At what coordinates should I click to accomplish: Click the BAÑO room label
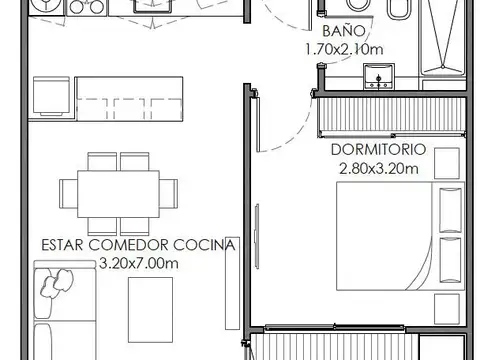(344, 31)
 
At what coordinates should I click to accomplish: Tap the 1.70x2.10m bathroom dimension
(344, 49)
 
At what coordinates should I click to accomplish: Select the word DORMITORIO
(379, 150)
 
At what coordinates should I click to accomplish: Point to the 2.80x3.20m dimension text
(379, 168)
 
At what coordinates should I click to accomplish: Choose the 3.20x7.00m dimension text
(139, 263)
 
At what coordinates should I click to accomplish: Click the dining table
(118, 194)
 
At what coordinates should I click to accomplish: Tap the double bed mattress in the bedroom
(400, 236)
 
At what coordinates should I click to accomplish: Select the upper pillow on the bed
(450, 210)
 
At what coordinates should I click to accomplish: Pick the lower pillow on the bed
(450, 260)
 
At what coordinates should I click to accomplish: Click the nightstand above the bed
(447, 163)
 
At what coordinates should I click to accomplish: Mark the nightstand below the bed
(447, 309)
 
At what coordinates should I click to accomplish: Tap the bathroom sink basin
(379, 76)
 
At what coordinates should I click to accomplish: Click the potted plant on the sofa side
(57, 284)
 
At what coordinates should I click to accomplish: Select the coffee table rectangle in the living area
(150, 310)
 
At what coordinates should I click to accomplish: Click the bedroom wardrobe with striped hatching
(392, 117)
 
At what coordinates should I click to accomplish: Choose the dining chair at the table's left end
(68, 194)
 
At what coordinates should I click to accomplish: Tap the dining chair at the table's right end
(168, 194)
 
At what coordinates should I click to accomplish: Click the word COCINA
(204, 245)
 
